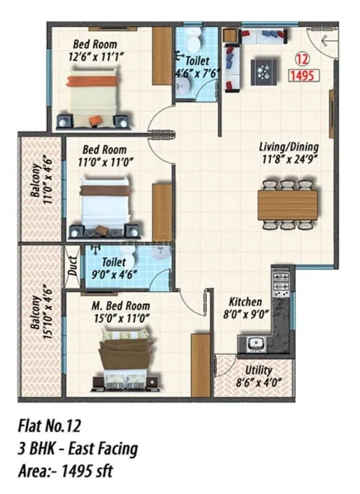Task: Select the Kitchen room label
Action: pyautogui.click(x=245, y=302)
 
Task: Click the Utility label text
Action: pyautogui.click(x=258, y=370)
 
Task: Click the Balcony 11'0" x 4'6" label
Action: pyautogui.click(x=42, y=187)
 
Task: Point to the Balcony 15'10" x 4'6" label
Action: pyautogui.click(x=42, y=312)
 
